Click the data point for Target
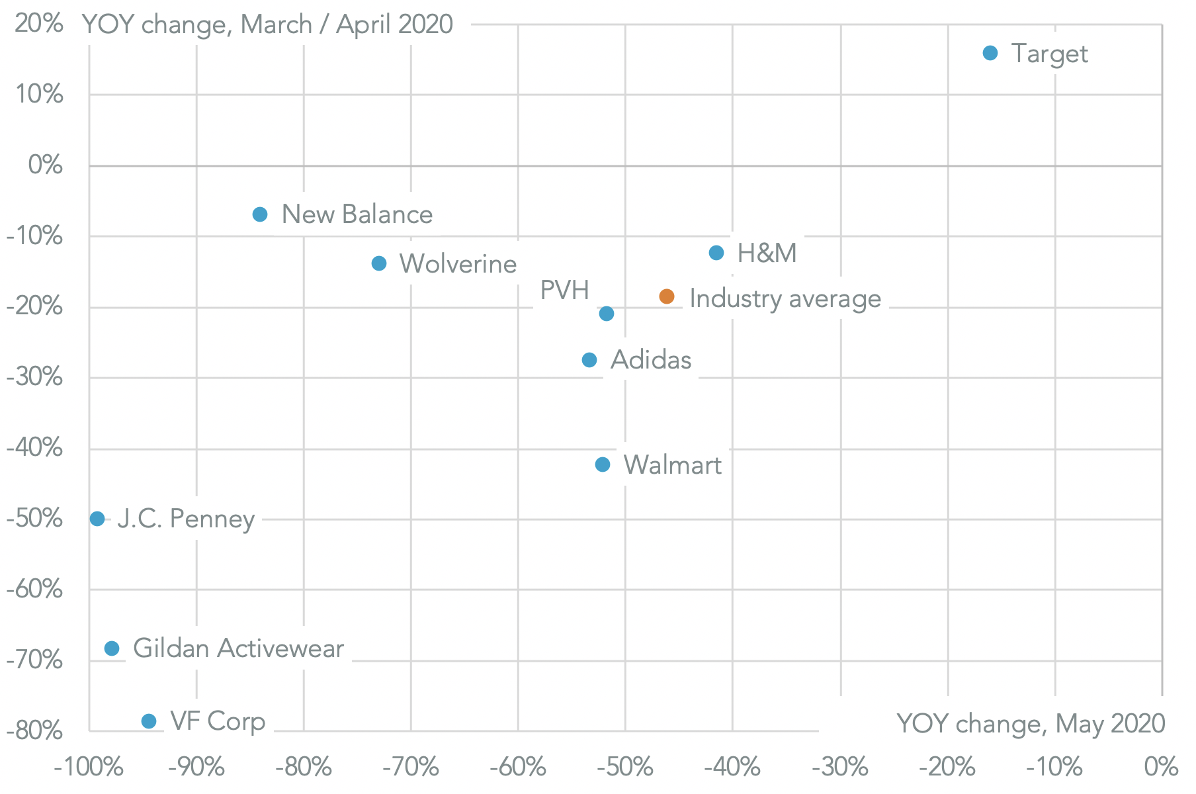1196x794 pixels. [990, 53]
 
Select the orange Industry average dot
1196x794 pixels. [667, 296]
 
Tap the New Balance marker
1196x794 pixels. [260, 214]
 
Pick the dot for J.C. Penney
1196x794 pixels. [97, 519]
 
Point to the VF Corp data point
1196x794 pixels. [149, 721]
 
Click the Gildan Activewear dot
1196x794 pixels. [112, 648]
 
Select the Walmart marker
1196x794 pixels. [603, 464]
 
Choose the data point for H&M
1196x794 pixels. [716, 253]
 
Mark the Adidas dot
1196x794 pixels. [589, 360]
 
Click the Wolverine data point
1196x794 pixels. [379, 263]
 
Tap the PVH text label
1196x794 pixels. [564, 290]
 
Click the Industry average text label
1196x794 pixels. [785, 299]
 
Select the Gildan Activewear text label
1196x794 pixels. [238, 648]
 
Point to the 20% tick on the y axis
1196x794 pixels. [38, 24]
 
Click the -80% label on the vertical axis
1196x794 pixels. [34, 731]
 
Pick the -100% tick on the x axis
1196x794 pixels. [89, 768]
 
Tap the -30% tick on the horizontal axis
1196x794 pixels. [840, 768]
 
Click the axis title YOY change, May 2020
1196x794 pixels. [1030, 724]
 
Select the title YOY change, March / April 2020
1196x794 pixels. [267, 24]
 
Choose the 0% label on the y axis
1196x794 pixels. [45, 165]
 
